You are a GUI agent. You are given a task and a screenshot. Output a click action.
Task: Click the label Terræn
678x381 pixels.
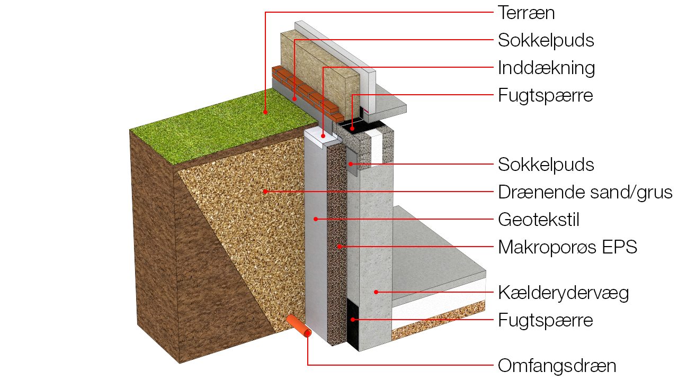coord(526,13)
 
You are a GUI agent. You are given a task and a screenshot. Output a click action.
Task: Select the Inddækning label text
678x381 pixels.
coord(546,68)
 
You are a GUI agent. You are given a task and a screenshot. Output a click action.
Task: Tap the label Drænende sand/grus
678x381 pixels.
coord(585,192)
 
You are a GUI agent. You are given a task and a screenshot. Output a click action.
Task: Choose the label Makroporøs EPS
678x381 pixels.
coord(567,247)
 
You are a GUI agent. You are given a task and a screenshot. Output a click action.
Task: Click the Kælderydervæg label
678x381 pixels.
coord(563,293)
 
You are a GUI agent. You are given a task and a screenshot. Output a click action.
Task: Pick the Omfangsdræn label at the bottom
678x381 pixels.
coord(557,366)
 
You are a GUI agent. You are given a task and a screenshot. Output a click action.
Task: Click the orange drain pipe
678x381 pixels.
coord(300,326)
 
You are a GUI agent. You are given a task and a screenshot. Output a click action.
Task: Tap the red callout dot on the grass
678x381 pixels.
coord(265,112)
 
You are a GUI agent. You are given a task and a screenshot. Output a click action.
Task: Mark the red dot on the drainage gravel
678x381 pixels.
coord(265,192)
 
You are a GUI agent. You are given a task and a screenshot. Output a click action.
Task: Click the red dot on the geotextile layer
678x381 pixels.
coord(316,219)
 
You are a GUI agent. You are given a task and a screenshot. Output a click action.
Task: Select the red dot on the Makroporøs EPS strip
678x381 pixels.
coord(339,247)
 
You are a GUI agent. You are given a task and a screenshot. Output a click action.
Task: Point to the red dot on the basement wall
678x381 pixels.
coord(376,292)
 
